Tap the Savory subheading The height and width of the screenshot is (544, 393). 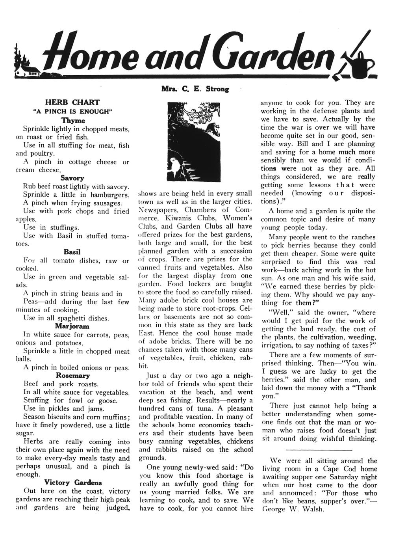coord(72,178)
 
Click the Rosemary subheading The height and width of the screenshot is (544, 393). coord(73,375)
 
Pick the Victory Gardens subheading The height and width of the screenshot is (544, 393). coord(73,482)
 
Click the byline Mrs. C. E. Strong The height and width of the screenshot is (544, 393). coord(195,89)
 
